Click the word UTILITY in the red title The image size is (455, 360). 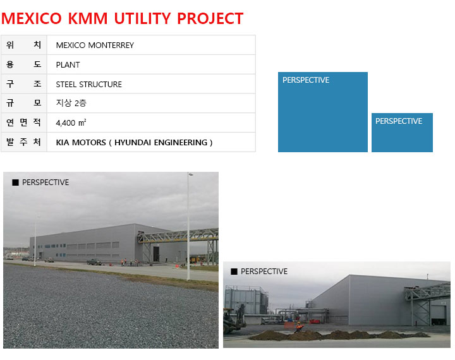coord(143,18)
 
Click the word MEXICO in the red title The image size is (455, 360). coord(32,18)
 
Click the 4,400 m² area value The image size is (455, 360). coord(71,123)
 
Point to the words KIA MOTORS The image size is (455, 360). coord(81,143)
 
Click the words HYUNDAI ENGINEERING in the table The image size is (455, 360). coord(161,143)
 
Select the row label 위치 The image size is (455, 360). coord(23,45)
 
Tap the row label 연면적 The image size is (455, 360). coord(23,123)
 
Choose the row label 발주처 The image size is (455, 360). coord(23,142)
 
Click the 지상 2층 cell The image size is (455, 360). coord(71,103)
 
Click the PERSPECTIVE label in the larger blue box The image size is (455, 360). coord(306,80)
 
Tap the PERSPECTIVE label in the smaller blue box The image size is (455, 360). coord(399,121)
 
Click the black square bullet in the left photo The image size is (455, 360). coord(15,183)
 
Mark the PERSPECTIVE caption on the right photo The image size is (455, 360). coord(264,272)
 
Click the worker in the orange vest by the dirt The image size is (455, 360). coord(298,327)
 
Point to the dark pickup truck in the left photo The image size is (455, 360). coord(94,262)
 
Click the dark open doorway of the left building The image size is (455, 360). coord(156,254)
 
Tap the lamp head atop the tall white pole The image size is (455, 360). coord(191,174)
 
